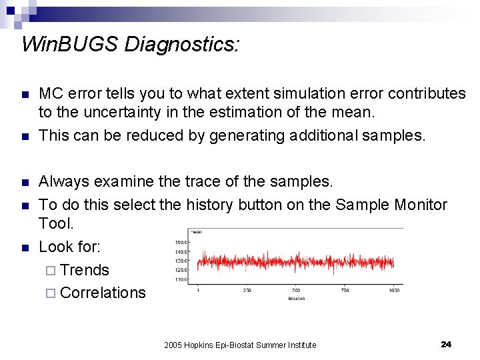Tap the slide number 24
coord(446,344)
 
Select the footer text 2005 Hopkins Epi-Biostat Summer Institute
coord(240,345)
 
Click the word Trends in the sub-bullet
coord(84,270)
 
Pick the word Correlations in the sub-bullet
coord(103,293)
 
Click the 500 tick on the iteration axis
coord(295,291)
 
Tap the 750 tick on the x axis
coord(345,291)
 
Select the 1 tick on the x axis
coord(198,291)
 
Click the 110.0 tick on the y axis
coord(181,279)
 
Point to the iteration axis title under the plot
coord(296,298)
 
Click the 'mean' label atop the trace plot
coord(197,231)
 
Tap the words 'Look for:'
coord(70,247)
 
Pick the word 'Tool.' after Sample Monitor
coord(56,223)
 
